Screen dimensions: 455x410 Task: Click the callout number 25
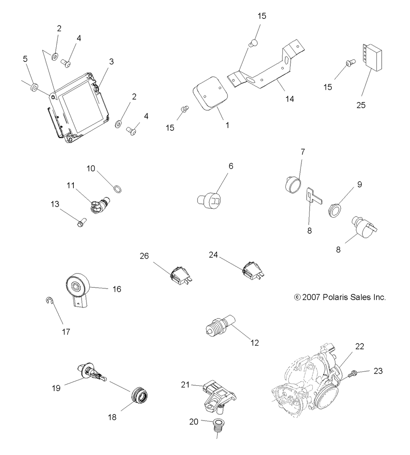361,105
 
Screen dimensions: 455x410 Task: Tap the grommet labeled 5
34,87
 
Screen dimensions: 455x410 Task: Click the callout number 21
186,384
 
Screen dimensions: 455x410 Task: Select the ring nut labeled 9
335,211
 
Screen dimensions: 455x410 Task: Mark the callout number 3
111,61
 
